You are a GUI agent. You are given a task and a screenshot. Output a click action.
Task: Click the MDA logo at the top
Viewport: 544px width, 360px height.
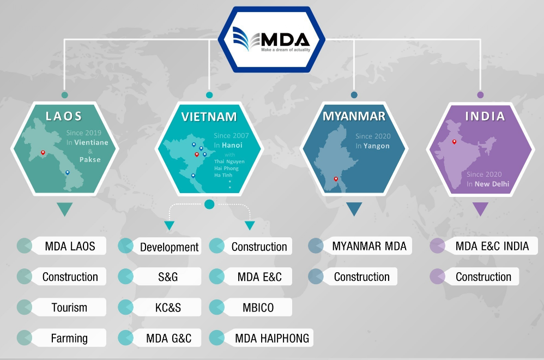(271, 40)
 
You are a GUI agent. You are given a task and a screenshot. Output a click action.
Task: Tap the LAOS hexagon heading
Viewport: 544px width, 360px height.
(64, 116)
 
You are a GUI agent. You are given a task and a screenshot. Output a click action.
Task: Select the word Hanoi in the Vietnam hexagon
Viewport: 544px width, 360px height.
(232, 145)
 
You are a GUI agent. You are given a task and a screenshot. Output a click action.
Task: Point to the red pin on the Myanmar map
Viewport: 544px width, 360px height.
(336, 179)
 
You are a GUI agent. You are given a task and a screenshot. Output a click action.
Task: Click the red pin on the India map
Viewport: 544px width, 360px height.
(454, 142)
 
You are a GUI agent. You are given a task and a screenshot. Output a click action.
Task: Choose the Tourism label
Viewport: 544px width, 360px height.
(69, 308)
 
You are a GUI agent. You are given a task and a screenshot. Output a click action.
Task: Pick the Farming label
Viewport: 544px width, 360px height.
(69, 338)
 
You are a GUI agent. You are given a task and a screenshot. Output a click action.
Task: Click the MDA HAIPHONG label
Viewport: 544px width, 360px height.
(272, 338)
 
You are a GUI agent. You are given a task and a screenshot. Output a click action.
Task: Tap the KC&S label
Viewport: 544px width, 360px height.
(168, 308)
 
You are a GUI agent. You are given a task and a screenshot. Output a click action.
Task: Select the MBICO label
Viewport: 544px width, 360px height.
(258, 308)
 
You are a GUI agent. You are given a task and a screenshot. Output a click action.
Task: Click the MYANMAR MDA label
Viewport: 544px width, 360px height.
(369, 246)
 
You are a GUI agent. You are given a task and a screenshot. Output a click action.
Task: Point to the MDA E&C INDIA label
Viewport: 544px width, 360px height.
(492, 246)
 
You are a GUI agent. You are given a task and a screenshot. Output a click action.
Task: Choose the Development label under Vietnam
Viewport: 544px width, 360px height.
(170, 247)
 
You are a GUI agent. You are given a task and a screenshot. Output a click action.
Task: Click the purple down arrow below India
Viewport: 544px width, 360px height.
(481, 209)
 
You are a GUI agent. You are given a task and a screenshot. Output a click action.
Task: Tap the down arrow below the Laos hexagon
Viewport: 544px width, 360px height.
(64, 209)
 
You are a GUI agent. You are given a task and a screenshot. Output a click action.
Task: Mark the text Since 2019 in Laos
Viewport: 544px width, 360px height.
(84, 133)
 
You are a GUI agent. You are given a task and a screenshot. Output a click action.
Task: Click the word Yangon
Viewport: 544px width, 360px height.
(377, 146)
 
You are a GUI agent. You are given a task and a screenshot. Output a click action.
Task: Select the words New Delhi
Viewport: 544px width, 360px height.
(492, 184)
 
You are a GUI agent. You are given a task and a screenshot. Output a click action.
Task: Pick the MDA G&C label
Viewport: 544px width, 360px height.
(168, 338)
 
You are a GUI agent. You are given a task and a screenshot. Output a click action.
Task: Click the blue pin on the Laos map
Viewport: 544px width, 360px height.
(67, 172)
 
